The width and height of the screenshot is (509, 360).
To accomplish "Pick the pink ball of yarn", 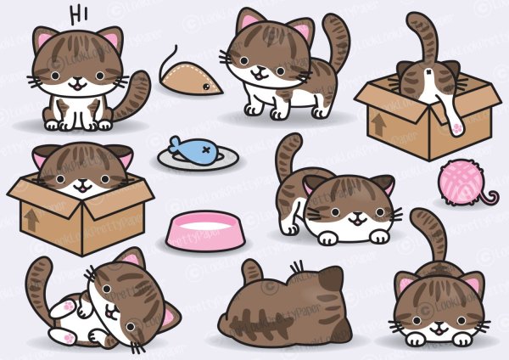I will (461, 180).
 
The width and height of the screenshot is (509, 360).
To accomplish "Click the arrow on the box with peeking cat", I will (31, 219).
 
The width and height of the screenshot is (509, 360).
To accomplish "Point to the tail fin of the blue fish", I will (173, 143).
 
